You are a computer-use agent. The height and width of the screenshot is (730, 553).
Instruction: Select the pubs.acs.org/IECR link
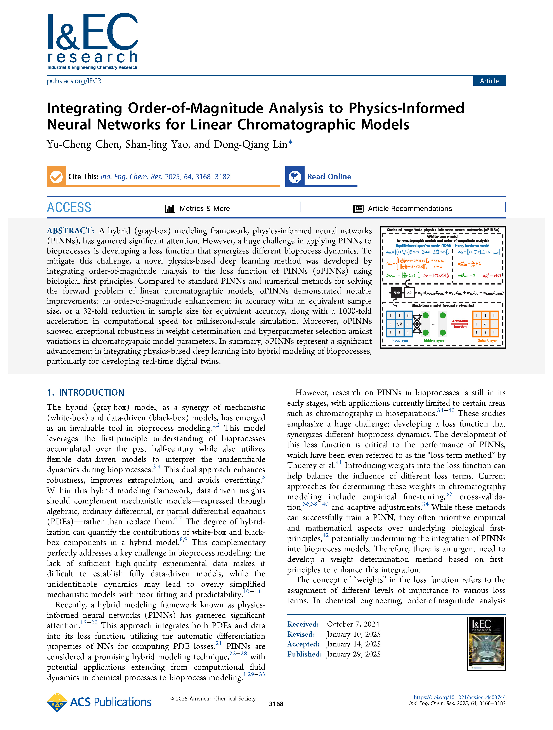[x=74, y=81]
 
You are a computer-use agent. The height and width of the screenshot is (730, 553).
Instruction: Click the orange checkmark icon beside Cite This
[x=56, y=176]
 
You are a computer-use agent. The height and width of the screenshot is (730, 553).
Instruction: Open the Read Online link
[x=329, y=176]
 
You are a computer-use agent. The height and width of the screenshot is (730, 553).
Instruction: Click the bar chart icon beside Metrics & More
[x=170, y=209]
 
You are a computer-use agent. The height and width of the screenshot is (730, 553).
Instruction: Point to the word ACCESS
[x=69, y=208]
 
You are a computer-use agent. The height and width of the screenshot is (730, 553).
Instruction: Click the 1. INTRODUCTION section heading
[x=85, y=392]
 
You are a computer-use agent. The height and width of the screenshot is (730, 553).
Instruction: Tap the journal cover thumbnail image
[x=486, y=644]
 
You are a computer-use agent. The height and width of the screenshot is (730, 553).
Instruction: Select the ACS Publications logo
[x=99, y=702]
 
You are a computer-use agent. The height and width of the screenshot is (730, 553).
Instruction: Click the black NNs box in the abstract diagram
[x=397, y=293]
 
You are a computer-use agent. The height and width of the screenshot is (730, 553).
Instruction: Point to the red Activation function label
[x=460, y=324]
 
